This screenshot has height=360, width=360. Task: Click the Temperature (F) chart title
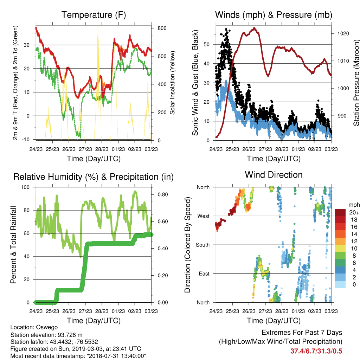pos(94,15)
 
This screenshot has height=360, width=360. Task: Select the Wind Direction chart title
pos(274,175)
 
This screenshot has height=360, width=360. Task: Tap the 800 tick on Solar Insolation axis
pos(162,28)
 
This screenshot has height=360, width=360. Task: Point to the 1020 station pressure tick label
pos(343,33)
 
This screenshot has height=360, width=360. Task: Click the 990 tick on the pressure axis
pos(342,116)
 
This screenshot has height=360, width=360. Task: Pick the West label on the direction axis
pos(204,216)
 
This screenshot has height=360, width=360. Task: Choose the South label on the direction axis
pos(203,245)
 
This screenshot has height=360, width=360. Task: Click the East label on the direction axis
pos(204,274)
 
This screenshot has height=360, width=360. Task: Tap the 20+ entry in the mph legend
pos(354,212)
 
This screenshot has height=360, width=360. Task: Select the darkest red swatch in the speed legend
pos(340,212)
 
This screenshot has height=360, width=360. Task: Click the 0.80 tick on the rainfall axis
pos(163,194)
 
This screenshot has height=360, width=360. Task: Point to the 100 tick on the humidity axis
pos(25,187)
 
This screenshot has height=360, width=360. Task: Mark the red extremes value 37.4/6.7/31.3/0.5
pos(316,351)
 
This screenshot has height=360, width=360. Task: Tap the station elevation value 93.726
pos(67,335)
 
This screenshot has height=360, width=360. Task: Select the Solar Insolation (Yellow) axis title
pos(172,83)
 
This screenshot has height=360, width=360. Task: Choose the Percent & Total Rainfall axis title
pos(13,245)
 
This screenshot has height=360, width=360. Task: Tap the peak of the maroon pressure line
pos(254,28)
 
